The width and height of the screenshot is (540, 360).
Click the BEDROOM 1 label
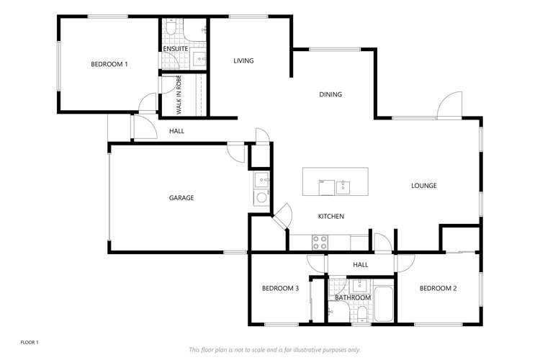[109, 65]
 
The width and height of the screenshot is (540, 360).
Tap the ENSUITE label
[176, 49]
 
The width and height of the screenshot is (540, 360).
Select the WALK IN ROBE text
[179, 95]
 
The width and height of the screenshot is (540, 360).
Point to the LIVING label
[243, 61]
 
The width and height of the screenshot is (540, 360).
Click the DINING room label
[330, 94]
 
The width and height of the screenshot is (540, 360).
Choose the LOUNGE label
[424, 186]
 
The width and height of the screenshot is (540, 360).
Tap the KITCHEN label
[331, 217]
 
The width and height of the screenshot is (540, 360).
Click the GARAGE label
[181, 198]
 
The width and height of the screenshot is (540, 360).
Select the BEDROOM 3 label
[280, 289]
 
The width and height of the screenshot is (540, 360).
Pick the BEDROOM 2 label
[438, 289]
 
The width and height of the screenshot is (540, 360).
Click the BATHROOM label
[353, 298]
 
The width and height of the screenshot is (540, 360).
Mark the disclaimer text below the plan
[274, 350]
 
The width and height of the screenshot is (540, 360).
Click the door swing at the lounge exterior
[449, 105]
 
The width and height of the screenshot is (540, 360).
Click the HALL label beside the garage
[176, 131]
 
